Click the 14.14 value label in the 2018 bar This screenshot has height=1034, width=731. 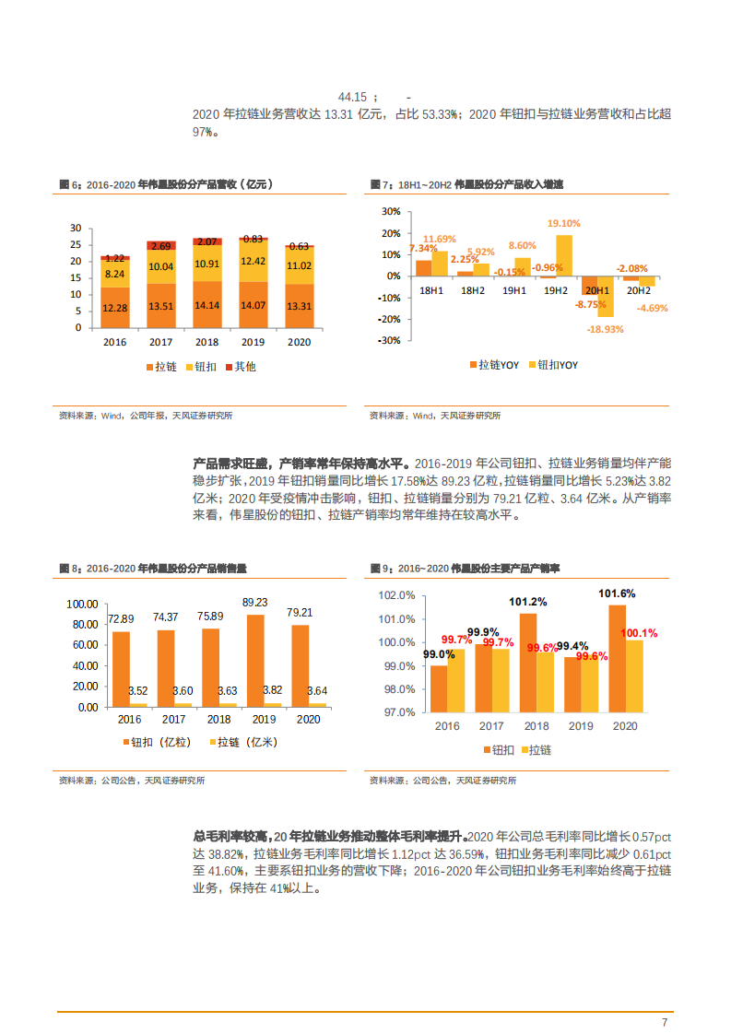point(206,307)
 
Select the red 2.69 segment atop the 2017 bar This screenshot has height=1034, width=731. point(161,246)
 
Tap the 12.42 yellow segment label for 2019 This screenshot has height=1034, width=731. point(252,262)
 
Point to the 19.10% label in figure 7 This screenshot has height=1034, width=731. point(563,223)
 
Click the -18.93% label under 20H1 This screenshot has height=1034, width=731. point(606,328)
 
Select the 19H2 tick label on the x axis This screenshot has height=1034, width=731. point(556,290)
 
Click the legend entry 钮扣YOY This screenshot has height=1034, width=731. point(552,365)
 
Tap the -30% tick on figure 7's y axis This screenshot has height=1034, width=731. point(388,340)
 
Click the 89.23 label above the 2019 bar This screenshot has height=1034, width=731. point(254,602)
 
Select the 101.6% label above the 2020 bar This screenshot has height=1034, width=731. point(617,593)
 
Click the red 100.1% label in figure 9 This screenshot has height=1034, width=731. point(639,633)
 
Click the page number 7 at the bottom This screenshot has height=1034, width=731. point(664,1022)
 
